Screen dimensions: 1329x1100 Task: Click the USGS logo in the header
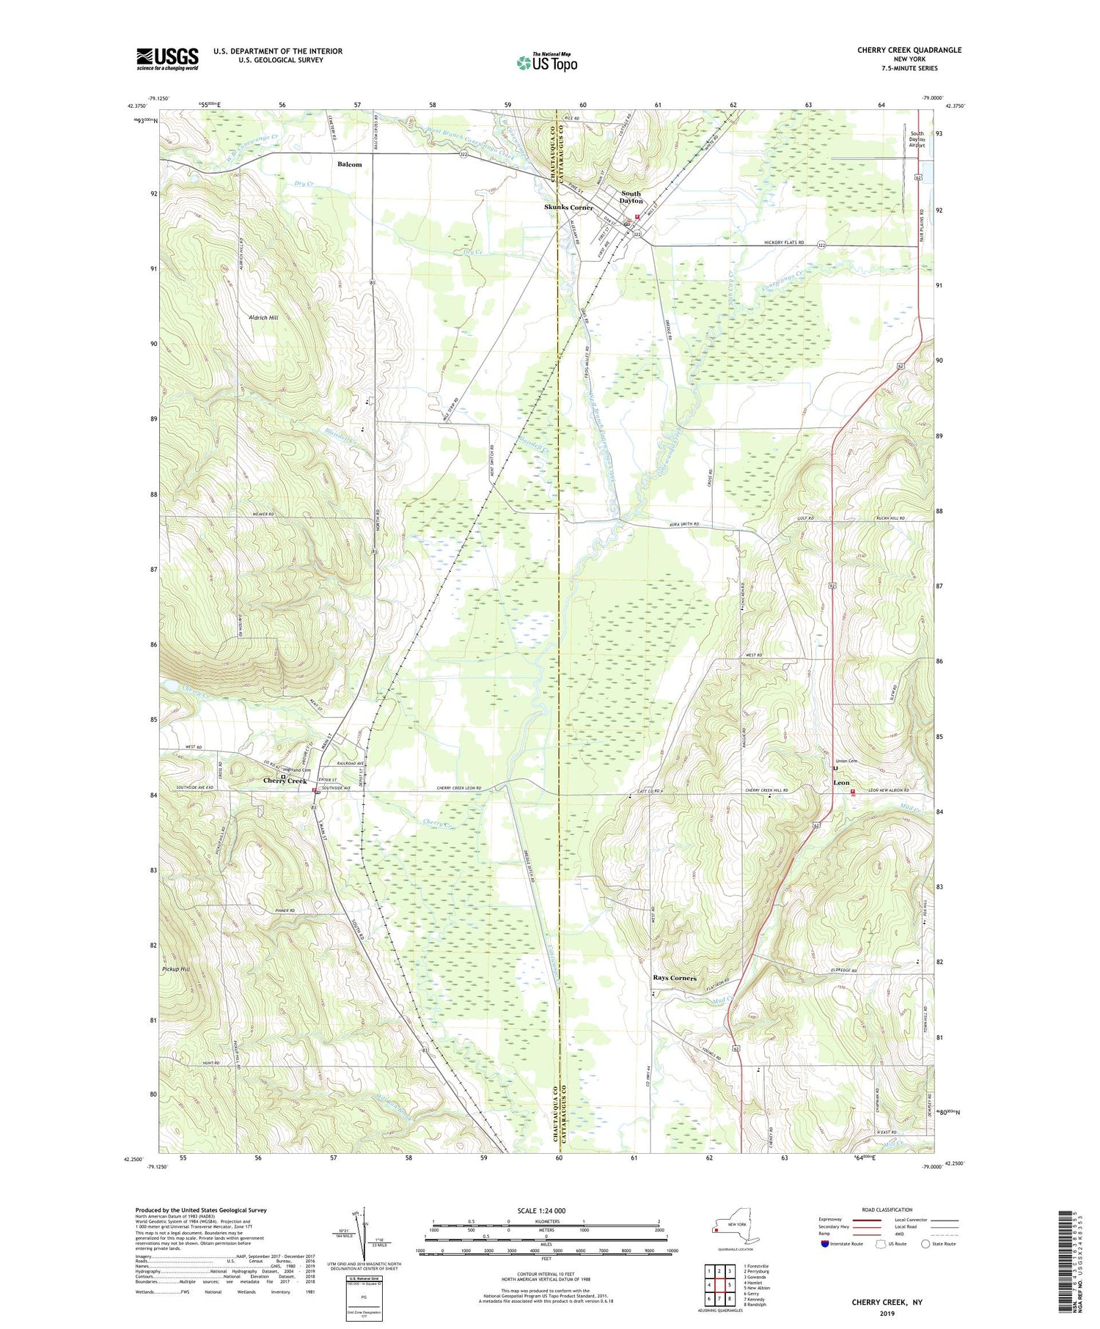click(167, 59)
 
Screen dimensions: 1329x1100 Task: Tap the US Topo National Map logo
click(546, 62)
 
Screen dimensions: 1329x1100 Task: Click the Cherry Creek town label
click(285, 781)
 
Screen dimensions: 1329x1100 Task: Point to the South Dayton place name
click(631, 197)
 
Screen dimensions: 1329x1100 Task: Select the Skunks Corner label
click(568, 207)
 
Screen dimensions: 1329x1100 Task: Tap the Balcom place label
click(349, 164)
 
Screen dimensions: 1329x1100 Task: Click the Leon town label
click(841, 783)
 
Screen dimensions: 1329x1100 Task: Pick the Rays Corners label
click(675, 978)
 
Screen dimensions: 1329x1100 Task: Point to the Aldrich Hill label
click(263, 317)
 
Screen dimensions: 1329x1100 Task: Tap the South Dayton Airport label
click(917, 139)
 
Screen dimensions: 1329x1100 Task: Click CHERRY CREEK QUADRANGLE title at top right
click(909, 50)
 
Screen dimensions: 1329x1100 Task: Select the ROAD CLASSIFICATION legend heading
click(887, 1210)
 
